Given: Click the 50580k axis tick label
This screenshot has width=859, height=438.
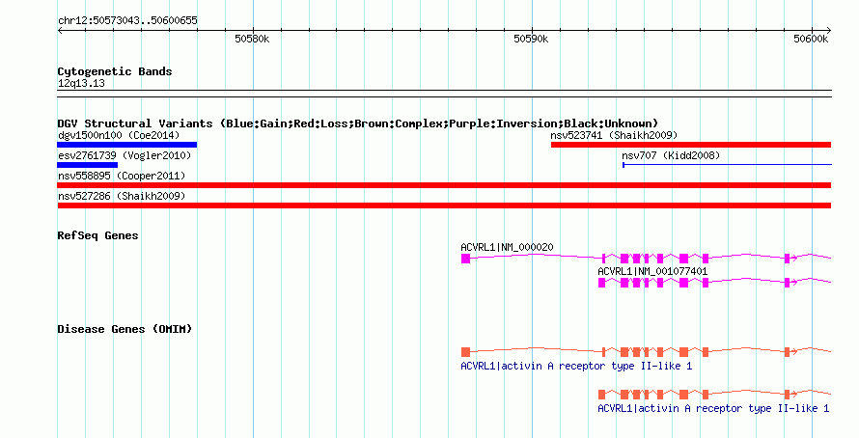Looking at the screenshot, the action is [252, 39].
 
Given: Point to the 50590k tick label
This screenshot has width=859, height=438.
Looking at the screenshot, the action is [531, 39].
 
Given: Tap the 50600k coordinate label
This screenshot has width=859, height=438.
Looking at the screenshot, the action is [811, 39].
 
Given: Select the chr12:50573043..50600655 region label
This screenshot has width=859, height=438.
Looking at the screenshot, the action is [127, 21].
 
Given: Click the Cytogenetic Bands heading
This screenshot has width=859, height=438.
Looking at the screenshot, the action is [115, 71].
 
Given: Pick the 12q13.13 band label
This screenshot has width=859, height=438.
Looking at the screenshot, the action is [81, 83].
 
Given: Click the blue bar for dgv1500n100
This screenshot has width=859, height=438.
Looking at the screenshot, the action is [127, 145].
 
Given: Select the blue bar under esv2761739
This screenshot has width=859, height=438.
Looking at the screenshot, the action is [88, 165].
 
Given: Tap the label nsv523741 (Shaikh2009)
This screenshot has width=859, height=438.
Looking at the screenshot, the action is [614, 135].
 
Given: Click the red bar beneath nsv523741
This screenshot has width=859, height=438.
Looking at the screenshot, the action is [691, 145].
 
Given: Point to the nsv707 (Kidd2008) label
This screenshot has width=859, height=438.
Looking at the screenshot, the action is [671, 155].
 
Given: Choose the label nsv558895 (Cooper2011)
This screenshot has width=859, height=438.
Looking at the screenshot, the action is [122, 176].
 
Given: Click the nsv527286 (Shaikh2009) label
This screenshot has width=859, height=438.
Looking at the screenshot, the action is [122, 196].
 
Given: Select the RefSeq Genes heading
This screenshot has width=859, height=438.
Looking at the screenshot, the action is [97, 235].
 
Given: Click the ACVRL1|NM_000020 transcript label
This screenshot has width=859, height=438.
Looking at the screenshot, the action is [507, 248].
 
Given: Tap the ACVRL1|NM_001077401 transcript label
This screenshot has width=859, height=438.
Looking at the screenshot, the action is [652, 271].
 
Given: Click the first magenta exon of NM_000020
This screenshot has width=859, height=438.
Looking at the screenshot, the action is [465, 259].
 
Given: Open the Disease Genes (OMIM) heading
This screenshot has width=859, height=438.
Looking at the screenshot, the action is [125, 329].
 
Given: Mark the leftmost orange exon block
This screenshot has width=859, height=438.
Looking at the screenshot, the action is [465, 352].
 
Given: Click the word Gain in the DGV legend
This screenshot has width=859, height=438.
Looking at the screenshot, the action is [273, 123].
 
